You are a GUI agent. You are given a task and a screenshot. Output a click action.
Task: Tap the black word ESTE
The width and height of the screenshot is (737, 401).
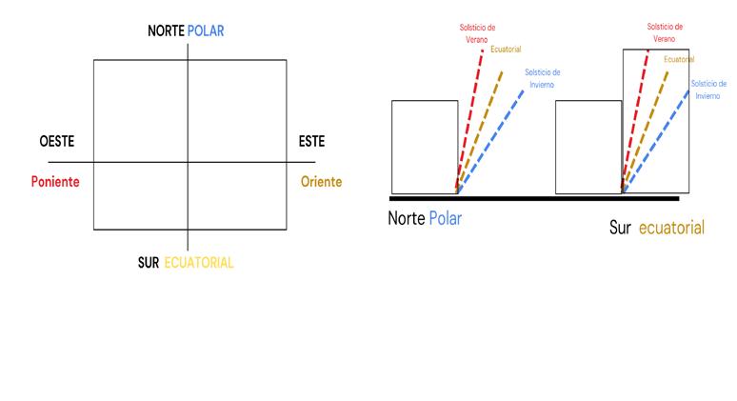pos(311,142)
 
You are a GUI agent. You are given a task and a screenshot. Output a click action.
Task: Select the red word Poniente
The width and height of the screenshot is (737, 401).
pos(55,182)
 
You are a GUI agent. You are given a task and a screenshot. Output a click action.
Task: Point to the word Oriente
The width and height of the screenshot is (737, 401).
pos(321,182)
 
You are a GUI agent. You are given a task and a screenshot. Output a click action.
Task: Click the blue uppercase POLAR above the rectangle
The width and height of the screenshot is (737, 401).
pos(207,31)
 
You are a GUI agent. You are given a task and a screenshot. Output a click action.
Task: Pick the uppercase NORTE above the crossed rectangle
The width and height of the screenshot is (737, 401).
pos(167,31)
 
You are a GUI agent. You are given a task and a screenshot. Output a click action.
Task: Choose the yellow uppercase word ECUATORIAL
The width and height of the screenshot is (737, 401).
pos(199,263)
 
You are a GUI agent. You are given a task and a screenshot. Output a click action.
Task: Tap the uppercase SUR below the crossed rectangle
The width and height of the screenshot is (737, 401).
pos(149,263)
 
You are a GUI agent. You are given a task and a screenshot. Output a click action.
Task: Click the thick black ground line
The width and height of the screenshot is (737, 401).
pos(533,198)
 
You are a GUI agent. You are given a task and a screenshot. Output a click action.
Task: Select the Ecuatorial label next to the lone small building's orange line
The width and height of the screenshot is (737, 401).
pos(506,49)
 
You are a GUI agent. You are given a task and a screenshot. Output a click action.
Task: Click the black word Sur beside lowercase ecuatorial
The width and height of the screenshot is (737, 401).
pos(621,228)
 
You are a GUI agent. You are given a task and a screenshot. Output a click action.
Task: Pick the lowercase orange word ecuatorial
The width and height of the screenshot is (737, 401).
pos(672,228)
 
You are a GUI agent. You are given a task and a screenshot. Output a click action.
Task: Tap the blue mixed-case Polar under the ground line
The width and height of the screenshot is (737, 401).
pos(445,218)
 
